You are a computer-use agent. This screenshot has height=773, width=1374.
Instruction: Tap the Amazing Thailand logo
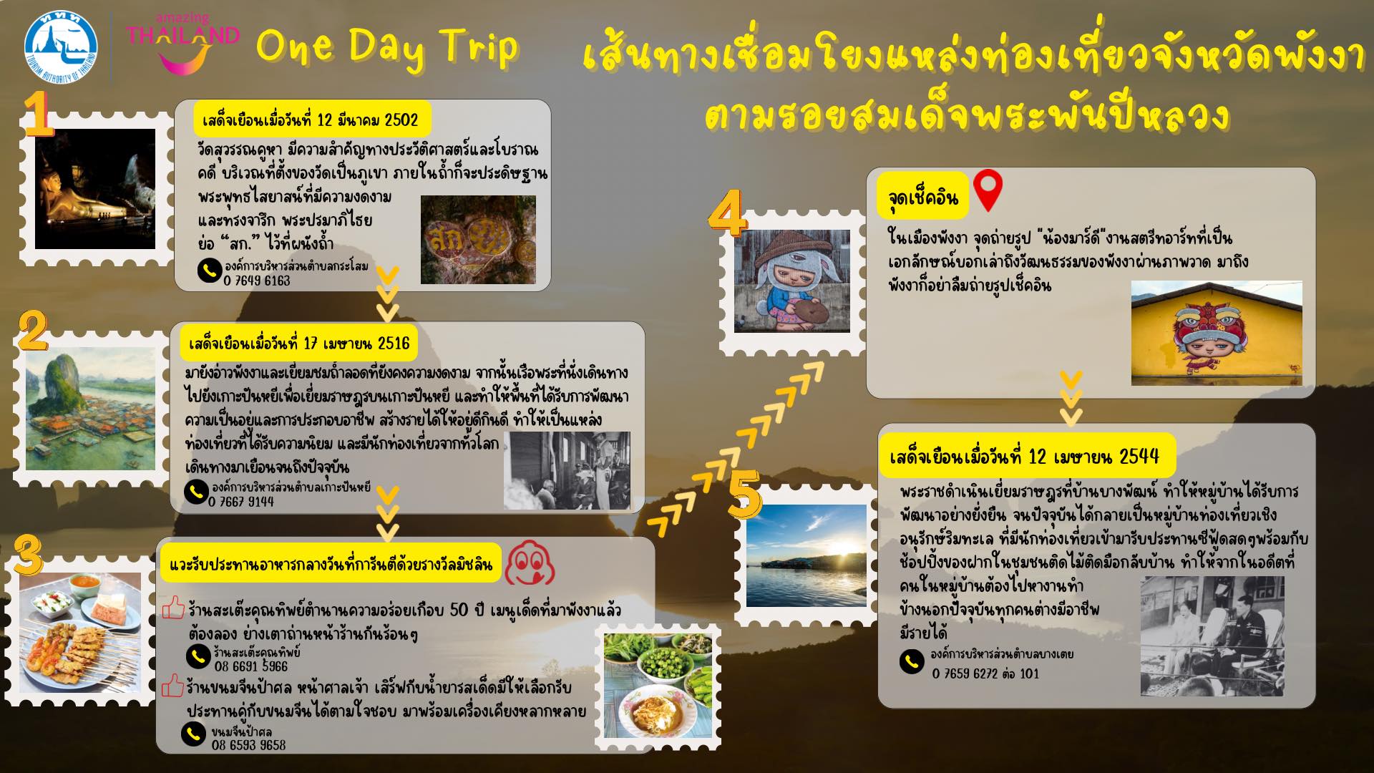(183, 43)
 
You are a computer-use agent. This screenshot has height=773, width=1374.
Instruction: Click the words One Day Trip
(386, 47)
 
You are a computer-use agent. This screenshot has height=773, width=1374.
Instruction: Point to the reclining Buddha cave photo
(95, 189)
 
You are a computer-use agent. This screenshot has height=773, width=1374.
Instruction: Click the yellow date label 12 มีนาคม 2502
(311, 119)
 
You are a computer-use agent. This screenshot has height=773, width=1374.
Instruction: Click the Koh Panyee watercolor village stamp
(90, 408)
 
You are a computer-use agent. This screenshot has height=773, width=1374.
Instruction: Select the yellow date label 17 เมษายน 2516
(299, 344)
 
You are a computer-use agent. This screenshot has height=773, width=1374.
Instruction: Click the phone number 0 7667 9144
(241, 502)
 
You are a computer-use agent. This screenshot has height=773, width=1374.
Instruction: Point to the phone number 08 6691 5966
(251, 666)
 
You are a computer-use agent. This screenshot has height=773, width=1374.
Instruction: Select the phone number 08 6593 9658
(248, 745)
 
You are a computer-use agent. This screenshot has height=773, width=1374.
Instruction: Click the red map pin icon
(988, 189)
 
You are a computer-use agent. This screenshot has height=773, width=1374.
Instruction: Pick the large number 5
(744, 496)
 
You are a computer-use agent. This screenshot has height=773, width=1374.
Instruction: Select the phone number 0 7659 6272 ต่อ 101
(985, 674)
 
